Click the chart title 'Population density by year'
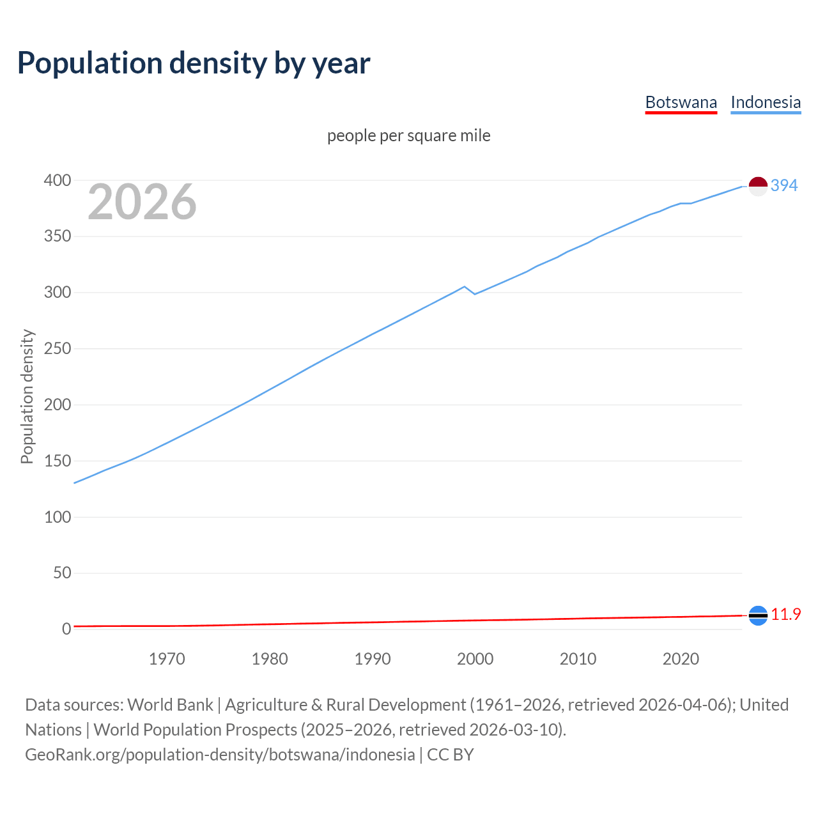tap(194, 63)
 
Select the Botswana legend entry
tap(681, 102)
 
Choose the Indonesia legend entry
tap(766, 102)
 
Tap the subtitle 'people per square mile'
tap(409, 135)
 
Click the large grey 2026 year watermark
tap(142, 202)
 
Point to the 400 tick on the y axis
tap(58, 181)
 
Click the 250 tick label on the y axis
tap(58, 349)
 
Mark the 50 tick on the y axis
tap(62, 573)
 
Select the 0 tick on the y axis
tap(66, 629)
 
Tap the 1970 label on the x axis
tap(167, 659)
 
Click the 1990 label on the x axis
tap(373, 659)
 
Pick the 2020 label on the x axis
tap(681, 659)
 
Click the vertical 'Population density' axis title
tap(27, 396)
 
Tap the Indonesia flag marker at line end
tap(758, 187)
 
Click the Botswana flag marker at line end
tap(758, 615)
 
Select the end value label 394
tap(784, 185)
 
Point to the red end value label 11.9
tap(786, 614)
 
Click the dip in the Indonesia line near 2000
tap(475, 294)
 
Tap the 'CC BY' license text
tap(451, 755)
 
